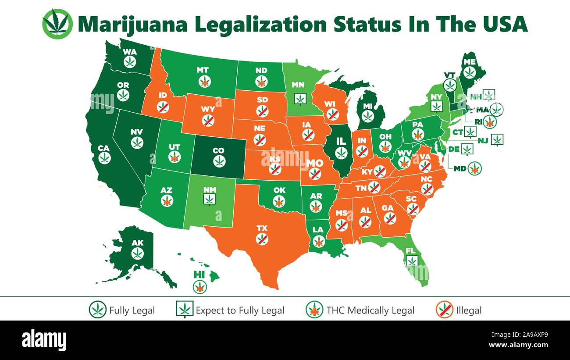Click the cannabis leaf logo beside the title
coord(57,23)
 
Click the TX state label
coord(262,228)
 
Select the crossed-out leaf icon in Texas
coord(262,239)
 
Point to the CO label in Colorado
coord(218,151)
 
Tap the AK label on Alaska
coord(138,242)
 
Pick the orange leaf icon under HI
coord(199,287)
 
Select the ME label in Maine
coord(470,62)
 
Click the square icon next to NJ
coord(497,139)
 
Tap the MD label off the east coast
coord(459,168)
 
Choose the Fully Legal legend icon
coord(97,310)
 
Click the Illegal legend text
coord(468,310)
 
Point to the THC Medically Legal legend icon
coord(314,310)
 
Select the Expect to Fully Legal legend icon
coord(185,310)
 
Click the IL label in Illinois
coord(341,142)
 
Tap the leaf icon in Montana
coord(204,81)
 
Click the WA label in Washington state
coord(130,52)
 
